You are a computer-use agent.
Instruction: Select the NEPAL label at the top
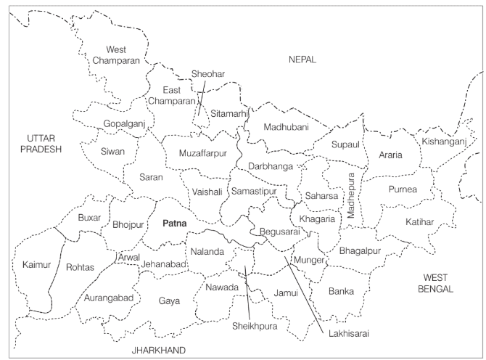point(302,60)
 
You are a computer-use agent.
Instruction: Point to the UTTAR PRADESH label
point(41,144)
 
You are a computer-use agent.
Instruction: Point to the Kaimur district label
point(36,265)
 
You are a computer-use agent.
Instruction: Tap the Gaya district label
point(170,300)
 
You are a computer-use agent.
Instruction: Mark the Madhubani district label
point(286,127)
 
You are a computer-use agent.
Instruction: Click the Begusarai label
point(279,232)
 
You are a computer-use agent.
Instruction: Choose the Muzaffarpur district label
point(203,154)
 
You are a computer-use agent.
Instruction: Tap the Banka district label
point(341,291)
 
